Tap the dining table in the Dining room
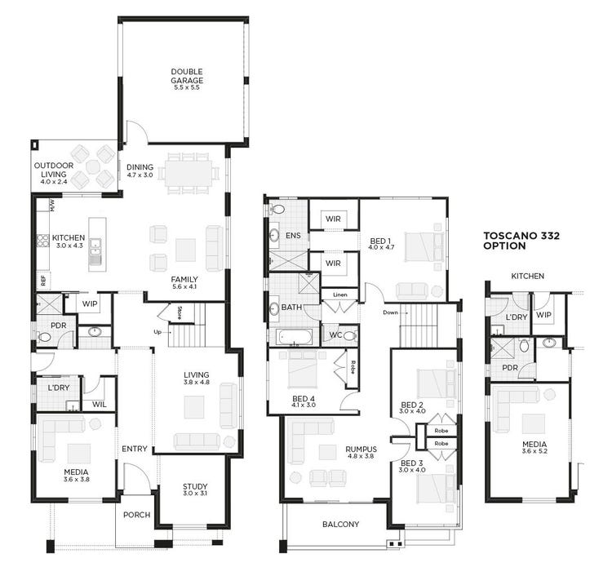188,172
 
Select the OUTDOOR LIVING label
53,171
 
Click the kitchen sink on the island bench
96,248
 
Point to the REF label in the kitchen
42,279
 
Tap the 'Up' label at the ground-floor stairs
157,332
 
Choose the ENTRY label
135,449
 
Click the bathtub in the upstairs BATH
294,336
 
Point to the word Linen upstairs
339,295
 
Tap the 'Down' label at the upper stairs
388,312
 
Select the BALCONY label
340,525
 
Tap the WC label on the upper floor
335,334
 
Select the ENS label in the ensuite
293,235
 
